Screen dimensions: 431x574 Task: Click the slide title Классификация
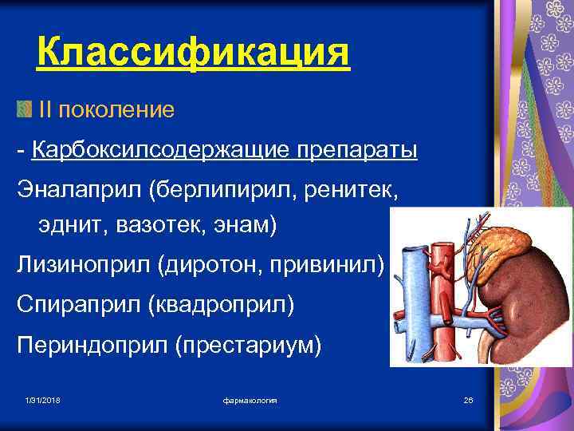[193, 54]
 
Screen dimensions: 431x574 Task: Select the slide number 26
[468, 399]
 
